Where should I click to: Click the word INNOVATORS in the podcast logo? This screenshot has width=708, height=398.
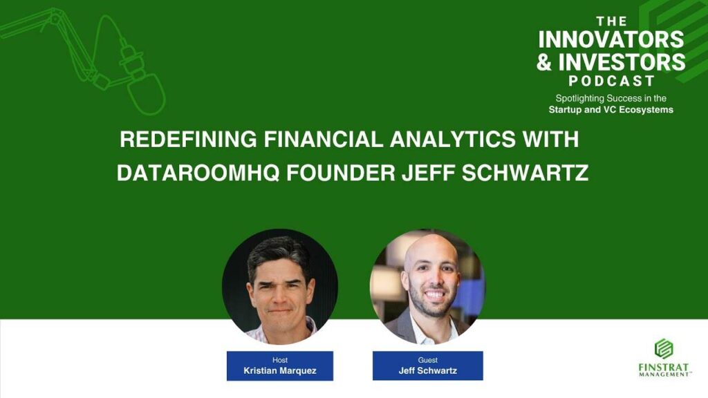point(611,39)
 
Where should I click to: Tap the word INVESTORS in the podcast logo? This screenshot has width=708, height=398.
point(622,61)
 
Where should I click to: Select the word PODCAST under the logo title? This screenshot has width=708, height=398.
point(611,82)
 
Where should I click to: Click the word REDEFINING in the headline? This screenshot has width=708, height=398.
point(188,139)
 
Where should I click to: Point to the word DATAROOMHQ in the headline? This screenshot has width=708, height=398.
point(198,173)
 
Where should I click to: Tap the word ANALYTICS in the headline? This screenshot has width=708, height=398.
point(452,139)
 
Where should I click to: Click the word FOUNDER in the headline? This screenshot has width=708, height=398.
point(340,173)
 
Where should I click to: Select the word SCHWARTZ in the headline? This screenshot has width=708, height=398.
point(525,173)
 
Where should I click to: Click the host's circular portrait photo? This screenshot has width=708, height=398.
point(280,287)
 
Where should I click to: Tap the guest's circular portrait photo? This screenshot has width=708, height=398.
point(427,287)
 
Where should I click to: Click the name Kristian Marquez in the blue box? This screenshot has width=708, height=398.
point(280,371)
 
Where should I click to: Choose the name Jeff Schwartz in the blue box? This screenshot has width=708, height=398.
point(427,371)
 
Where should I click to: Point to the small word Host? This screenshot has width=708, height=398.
point(280,360)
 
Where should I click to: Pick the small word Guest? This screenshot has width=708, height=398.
point(427,360)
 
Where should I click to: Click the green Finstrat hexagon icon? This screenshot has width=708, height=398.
point(664,349)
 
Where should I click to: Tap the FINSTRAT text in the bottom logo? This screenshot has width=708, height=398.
point(664,368)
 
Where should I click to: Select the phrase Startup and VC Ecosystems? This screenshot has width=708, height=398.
point(611,110)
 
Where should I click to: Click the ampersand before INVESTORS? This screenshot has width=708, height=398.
point(545,62)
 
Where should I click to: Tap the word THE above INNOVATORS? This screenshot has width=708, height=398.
point(611,21)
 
